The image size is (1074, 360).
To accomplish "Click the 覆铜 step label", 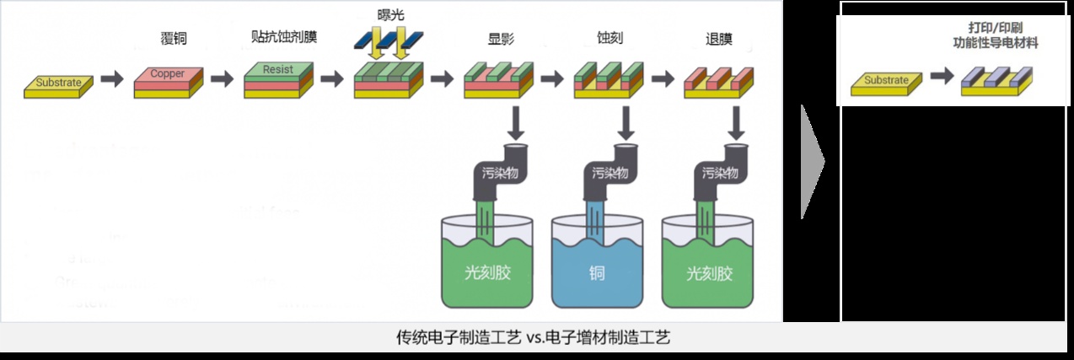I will click(x=172, y=38).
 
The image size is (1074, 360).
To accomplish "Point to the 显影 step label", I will click(x=499, y=38).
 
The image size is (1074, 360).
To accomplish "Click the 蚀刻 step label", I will click(x=609, y=38).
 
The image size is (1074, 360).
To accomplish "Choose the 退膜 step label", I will click(x=718, y=38).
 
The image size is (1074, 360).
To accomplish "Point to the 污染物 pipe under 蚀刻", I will click(x=609, y=173).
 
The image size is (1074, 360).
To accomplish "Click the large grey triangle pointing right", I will click(x=812, y=160).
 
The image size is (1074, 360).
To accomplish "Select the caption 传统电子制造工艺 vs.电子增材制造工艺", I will click(x=534, y=337).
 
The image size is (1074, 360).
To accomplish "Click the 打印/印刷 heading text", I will click(x=991, y=29).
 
